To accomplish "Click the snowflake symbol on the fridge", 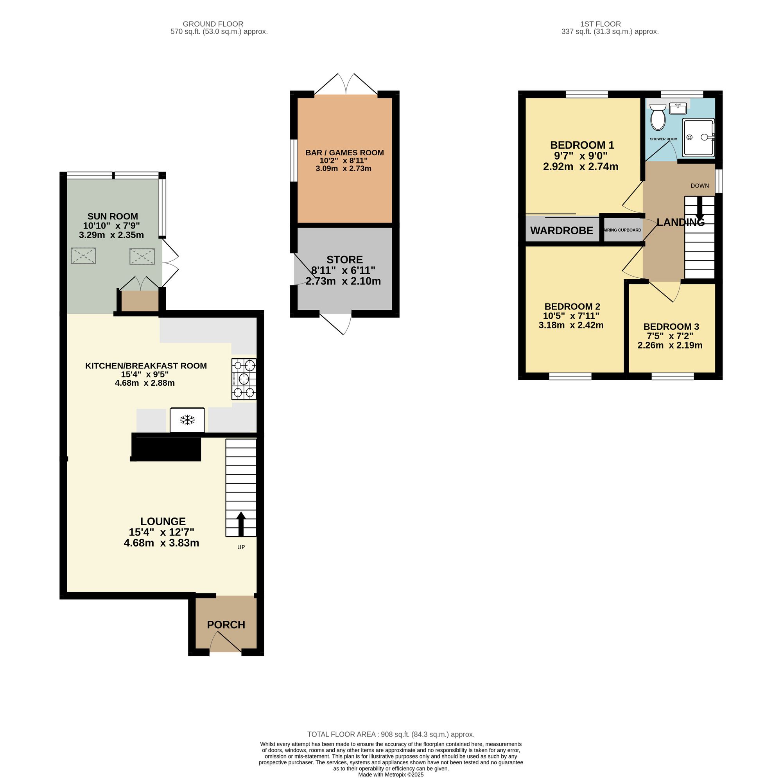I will (187, 420).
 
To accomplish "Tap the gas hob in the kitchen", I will (244, 379).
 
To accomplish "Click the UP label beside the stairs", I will (241, 547).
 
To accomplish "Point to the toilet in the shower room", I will (658, 117).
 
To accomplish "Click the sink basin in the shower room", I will (678, 108).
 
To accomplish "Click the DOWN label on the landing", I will (699, 186).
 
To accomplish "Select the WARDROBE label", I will (561, 231).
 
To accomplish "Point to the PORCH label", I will (226, 625).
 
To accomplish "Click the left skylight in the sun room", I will (83, 256).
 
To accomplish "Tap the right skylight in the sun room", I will (142, 256).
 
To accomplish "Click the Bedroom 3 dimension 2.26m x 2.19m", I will (670, 345).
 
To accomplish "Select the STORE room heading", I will (344, 260).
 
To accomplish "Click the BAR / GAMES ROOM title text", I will (344, 153).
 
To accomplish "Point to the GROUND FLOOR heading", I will (213, 24).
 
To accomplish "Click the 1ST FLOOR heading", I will (600, 24).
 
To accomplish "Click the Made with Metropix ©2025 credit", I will (391, 774).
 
